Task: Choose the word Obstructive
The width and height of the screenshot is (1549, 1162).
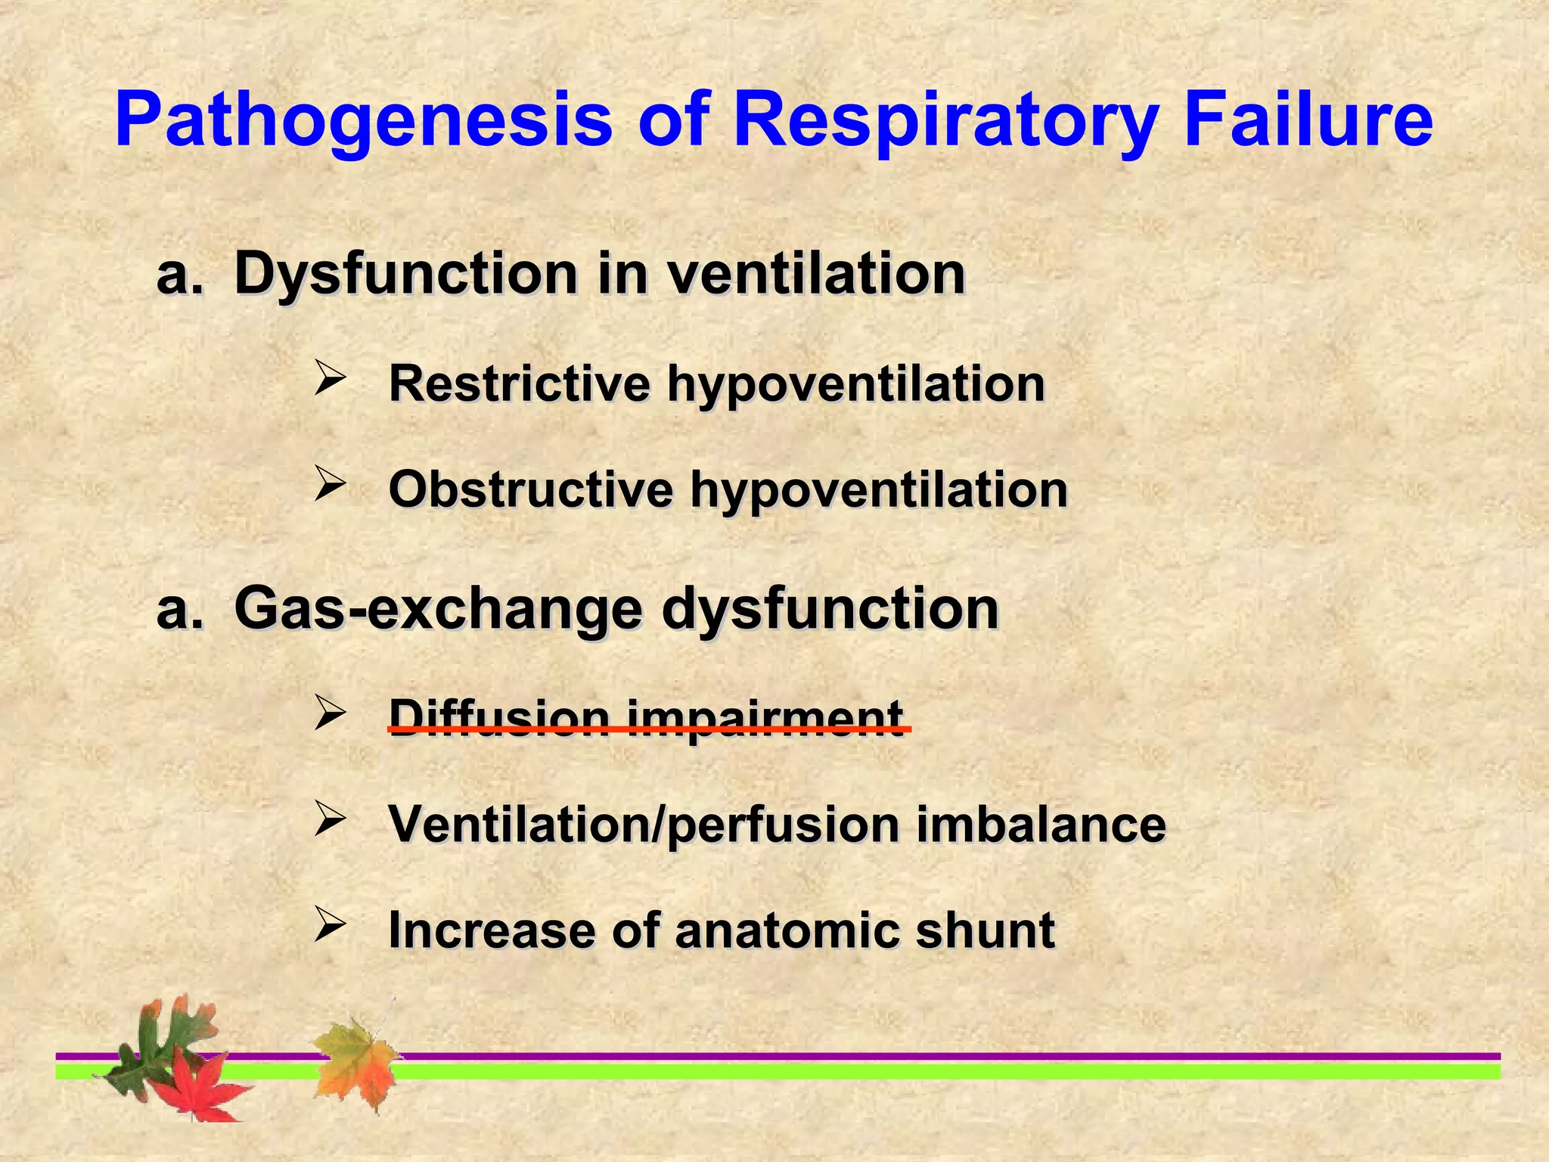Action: click(530, 489)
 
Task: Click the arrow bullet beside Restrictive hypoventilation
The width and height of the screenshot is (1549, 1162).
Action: click(330, 377)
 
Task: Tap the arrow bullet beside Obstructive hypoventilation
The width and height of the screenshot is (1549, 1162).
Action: click(330, 483)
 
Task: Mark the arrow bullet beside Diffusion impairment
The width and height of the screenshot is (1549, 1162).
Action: click(330, 713)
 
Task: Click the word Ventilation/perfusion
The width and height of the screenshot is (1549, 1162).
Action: click(644, 825)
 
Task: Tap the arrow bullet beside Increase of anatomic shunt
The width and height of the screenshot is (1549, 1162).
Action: click(330, 924)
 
